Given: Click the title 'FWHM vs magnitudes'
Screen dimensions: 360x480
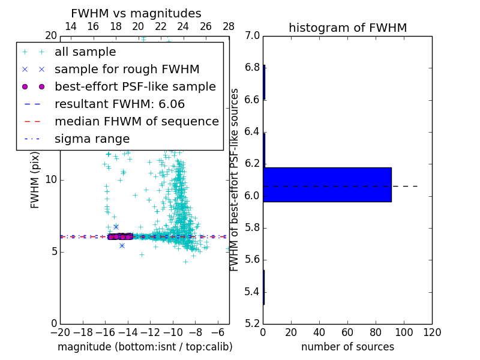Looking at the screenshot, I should click(136, 13).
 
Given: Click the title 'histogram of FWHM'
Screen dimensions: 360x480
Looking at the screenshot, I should click(347, 28).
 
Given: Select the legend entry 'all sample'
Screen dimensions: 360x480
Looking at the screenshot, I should click(85, 52).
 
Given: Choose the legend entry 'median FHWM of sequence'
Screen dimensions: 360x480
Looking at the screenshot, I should click(136, 121).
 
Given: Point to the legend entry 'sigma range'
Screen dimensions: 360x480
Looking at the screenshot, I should click(92, 139).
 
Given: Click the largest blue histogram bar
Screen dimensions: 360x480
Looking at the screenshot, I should click(327, 185).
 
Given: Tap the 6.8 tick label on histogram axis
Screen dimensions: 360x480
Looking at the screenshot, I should click(252, 68).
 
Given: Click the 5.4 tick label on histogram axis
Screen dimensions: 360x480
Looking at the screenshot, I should click(252, 292).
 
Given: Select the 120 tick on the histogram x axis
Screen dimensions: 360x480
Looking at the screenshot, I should click(432, 332).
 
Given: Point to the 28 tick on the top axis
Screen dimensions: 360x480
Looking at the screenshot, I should click(229, 26).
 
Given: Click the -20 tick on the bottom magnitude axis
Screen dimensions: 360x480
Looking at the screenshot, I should click(60, 332).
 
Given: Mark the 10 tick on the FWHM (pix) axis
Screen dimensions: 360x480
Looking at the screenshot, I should click(50, 180).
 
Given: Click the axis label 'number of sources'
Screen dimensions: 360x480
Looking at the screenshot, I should click(347, 347).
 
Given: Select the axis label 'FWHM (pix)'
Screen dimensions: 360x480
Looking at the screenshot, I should click(35, 181).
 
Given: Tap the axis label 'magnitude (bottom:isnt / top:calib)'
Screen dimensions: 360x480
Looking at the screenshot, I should click(145, 347).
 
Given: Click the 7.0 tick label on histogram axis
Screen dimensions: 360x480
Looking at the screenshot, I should click(252, 36).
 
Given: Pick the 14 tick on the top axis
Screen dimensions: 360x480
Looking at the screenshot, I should click(70, 26).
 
